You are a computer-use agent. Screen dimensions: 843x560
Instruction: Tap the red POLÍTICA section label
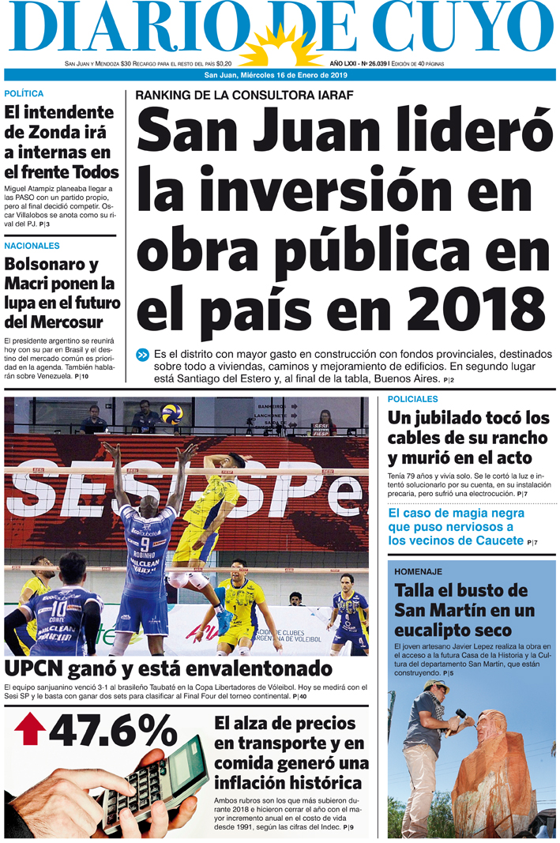(24, 94)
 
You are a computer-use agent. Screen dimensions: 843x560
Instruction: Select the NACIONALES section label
(32, 247)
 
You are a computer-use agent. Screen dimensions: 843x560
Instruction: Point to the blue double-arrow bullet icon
(142, 356)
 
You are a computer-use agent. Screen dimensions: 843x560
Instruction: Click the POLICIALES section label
(412, 400)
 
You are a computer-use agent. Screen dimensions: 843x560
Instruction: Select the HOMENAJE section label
(418, 571)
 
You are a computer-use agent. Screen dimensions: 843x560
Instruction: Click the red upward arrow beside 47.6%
(30, 729)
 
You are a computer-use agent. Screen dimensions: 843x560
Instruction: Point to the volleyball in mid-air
(171, 413)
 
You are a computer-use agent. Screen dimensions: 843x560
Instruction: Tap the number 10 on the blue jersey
(58, 609)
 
